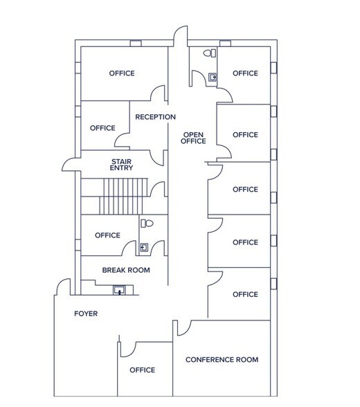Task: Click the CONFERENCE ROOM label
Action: pyautogui.click(x=222, y=360)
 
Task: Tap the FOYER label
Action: pyautogui.click(x=86, y=314)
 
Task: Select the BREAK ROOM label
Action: pyautogui.click(x=126, y=270)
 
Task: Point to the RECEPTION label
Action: pyautogui.click(x=155, y=117)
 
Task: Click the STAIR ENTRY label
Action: pyautogui.click(x=122, y=164)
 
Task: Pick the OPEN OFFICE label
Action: pyautogui.click(x=193, y=138)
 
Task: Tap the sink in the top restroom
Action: pyautogui.click(x=213, y=78)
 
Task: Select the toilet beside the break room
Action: pyautogui.click(x=146, y=224)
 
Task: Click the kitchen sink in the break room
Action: pyautogui.click(x=120, y=290)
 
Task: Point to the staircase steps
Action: pyautogui.click(x=125, y=197)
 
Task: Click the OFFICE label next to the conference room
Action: pyautogui.click(x=142, y=370)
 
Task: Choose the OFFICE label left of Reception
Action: pyautogui.click(x=102, y=128)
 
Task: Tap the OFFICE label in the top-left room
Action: pyautogui.click(x=122, y=73)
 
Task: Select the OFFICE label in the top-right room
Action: pyautogui.click(x=245, y=73)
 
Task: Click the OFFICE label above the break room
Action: pyautogui.click(x=107, y=235)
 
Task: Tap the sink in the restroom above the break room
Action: pyautogui.click(x=145, y=246)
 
